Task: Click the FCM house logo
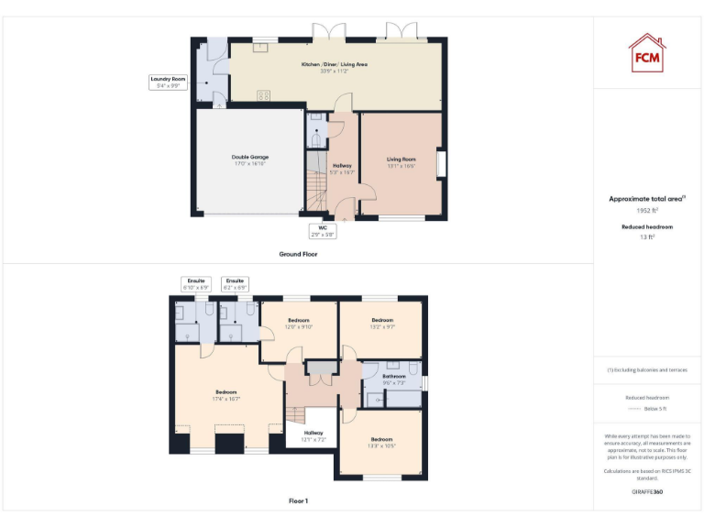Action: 647,52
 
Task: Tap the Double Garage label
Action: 249,159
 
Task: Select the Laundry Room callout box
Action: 169,82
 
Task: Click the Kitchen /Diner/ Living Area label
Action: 335,67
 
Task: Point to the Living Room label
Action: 401,162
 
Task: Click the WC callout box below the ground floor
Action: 323,230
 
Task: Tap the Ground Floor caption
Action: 299,254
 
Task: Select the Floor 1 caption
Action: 299,501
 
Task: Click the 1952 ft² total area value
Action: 647,210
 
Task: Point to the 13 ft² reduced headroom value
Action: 647,237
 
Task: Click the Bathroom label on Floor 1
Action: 394,379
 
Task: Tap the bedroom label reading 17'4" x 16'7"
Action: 226,395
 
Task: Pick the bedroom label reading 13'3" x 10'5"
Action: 381,443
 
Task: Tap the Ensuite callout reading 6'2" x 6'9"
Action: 236,284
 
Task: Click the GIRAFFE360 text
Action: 647,492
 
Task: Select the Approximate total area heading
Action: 647,198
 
